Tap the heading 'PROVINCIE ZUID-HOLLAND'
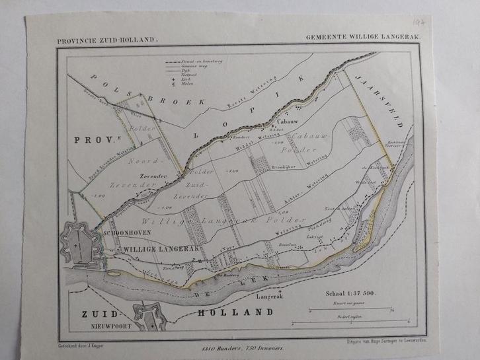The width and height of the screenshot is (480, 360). (108, 40)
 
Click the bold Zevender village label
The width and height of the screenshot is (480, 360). (153, 176)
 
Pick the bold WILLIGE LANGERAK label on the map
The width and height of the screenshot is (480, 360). (161, 248)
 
